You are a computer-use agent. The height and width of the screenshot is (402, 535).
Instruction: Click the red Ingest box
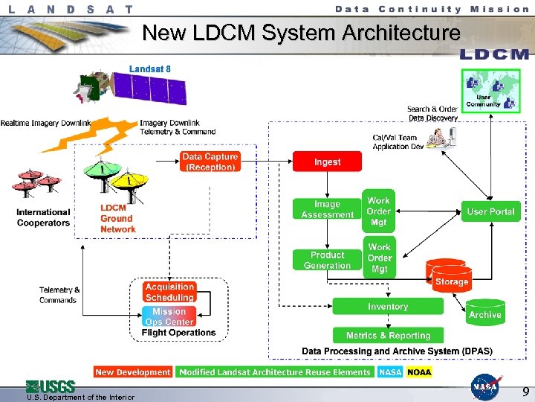click(327, 162)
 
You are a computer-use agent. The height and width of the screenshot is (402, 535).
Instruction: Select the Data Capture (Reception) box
click(210, 162)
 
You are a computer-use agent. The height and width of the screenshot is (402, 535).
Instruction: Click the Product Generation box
click(327, 260)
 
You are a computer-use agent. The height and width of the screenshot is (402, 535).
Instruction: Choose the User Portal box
click(490, 211)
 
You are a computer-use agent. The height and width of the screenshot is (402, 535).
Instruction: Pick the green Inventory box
click(387, 306)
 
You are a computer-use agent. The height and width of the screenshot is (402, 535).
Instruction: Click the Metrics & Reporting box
click(388, 335)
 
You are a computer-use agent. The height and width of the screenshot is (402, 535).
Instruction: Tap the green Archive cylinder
click(484, 311)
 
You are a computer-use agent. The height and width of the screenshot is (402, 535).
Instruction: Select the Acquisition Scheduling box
click(169, 292)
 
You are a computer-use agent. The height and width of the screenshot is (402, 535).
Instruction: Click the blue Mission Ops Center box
click(169, 316)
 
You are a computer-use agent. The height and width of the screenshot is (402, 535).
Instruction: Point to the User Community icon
click(490, 91)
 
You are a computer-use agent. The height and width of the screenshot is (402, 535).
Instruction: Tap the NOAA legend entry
click(418, 371)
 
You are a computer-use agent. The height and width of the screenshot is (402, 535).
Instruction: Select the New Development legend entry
click(133, 371)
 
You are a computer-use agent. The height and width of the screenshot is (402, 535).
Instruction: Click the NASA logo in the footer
click(485, 386)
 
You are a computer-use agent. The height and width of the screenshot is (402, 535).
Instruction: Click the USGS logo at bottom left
click(51, 386)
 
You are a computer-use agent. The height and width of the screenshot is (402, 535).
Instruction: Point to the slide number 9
click(525, 392)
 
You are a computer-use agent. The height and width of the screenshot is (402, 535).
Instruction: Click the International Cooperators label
click(43, 217)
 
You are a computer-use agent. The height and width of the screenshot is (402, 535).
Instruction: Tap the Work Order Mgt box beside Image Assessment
click(379, 211)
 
